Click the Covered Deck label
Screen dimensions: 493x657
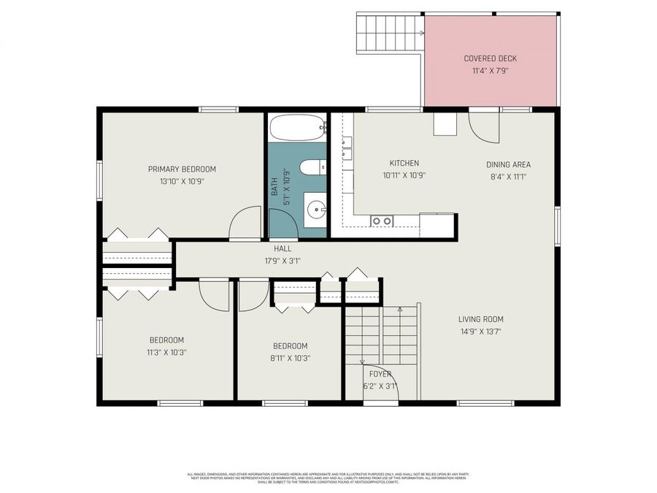coord(491,58)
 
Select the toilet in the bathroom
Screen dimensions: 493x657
coord(312,168)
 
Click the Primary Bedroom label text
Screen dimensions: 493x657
coord(182,169)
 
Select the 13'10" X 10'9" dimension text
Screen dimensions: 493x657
coord(182,181)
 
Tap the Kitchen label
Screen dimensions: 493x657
coord(404,164)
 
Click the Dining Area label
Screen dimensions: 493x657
coord(508,164)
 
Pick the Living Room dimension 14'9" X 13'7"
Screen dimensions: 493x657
coord(480,332)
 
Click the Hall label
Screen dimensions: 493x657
coord(282,248)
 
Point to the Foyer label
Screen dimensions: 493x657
coord(380,374)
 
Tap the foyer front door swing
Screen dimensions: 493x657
coord(380,381)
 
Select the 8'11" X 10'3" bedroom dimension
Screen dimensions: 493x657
coord(290,359)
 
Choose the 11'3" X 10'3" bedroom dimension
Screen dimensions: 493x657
coord(166,352)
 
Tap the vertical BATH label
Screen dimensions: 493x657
coord(275,183)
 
